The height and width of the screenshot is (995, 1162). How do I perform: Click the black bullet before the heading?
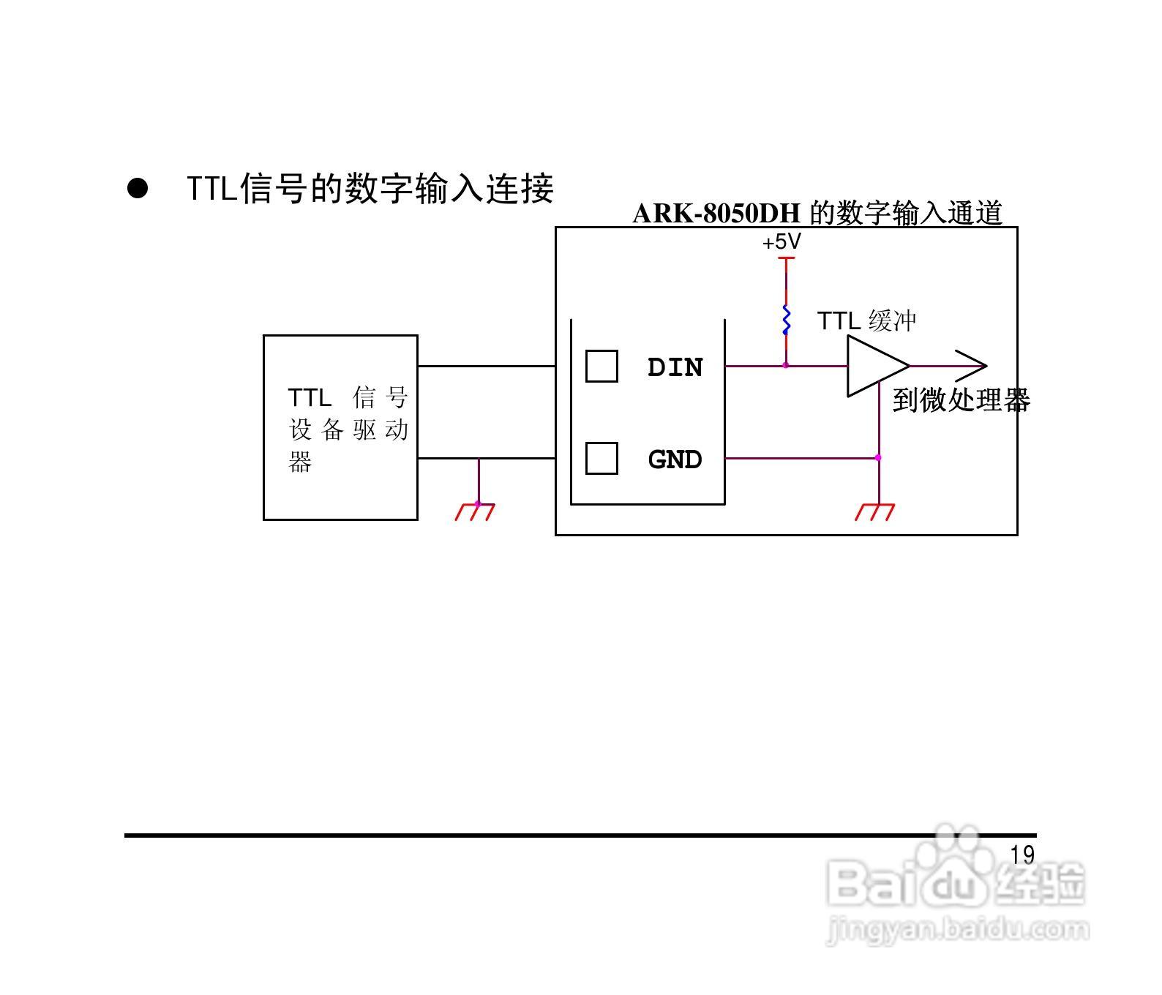(137, 188)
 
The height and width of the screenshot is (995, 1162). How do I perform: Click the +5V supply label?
(781, 242)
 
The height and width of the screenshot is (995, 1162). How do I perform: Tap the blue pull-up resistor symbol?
(786, 319)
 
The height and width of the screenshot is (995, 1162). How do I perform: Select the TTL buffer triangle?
(874, 366)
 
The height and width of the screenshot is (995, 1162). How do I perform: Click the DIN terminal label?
(675, 367)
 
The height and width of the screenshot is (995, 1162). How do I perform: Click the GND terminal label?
(675, 459)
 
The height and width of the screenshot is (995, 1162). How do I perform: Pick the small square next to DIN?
(601, 367)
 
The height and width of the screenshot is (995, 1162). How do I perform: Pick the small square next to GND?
(601, 459)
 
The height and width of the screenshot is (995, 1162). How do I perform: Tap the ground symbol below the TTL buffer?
(875, 511)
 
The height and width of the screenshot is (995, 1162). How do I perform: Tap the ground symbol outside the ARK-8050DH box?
(475, 511)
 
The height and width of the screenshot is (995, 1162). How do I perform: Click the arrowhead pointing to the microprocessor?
(973, 365)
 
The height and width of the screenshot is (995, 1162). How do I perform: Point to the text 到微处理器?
(962, 401)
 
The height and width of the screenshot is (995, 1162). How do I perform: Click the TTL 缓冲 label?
(866, 321)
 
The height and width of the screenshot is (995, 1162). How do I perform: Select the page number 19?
(1022, 855)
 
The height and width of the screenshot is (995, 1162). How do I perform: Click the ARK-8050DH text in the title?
(716, 214)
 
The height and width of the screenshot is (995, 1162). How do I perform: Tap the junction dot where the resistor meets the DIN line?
(786, 365)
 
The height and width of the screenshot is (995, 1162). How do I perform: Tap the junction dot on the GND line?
(878, 458)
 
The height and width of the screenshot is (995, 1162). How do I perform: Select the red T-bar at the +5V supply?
(786, 258)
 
